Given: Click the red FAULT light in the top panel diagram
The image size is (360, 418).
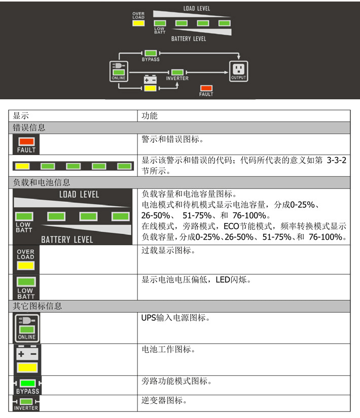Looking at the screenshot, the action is tap(206, 88).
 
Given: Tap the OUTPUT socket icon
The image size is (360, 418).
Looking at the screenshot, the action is tap(238, 69).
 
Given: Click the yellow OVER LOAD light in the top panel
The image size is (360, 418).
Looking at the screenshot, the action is tap(138, 23).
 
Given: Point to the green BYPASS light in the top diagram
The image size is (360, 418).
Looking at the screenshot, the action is tap(151, 53).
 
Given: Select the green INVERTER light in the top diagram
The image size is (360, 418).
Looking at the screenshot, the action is tap(177, 72).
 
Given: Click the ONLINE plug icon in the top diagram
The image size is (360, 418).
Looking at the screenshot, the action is tap(118, 69).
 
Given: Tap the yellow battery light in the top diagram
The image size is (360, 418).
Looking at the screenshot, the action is tap(150, 88).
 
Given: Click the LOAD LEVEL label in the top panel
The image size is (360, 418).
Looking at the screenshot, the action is tap(196, 9).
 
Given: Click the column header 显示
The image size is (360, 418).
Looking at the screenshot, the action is tap(21, 116).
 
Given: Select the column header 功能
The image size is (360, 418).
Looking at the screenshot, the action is tap(150, 116).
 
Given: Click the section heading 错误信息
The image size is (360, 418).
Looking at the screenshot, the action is tap(29, 128).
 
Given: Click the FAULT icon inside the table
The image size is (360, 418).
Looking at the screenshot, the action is tap(26, 143).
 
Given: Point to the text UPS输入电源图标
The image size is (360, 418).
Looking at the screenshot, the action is tap(175, 318).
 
